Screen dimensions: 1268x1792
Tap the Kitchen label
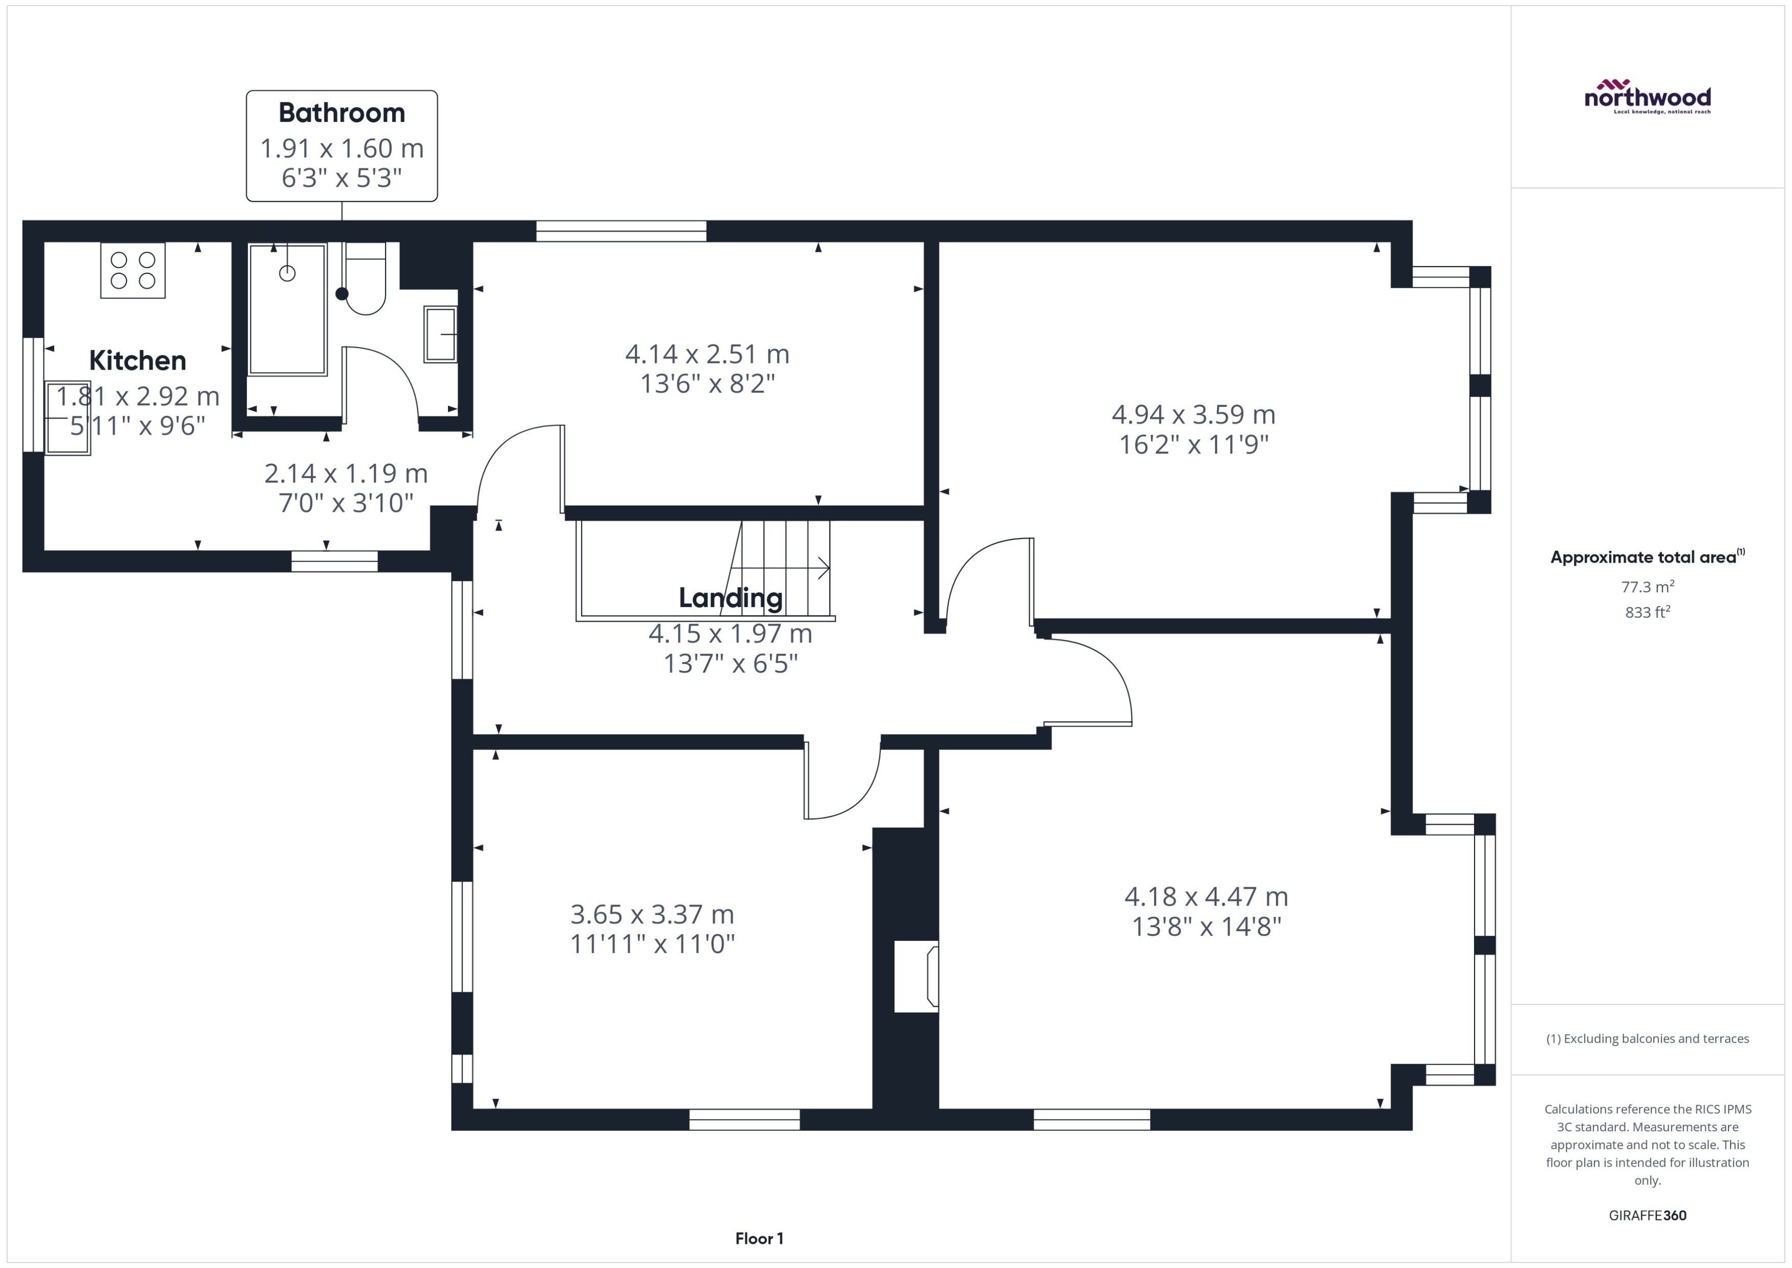[x=137, y=361]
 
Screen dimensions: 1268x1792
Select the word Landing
[x=730, y=598]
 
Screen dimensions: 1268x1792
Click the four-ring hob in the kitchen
[x=133, y=270]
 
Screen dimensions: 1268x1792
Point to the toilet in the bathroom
[x=366, y=281]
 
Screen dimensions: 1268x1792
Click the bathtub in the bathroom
[x=287, y=309]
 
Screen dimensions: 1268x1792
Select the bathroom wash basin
[x=440, y=334]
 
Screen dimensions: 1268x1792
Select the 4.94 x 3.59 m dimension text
[x=1193, y=415]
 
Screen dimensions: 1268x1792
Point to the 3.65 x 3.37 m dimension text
[x=652, y=914]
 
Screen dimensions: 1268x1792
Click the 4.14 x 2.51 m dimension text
[x=707, y=354]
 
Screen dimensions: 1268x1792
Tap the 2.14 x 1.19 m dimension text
[x=346, y=473]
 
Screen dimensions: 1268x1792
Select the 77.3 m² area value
[x=1648, y=587]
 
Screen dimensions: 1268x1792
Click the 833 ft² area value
[x=1648, y=613]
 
